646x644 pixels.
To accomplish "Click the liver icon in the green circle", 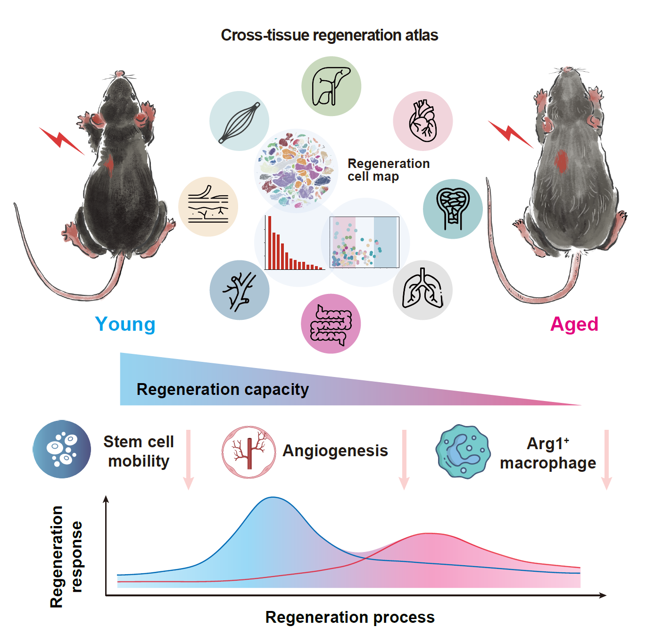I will point(331,86).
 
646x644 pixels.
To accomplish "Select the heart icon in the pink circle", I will point(422,121).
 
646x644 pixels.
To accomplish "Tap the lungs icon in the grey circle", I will point(422,290).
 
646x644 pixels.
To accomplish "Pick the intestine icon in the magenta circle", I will point(331,324).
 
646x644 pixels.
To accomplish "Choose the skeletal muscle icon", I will point(240,121).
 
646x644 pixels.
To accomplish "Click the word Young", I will point(125,325).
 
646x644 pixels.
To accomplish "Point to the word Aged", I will point(574,325).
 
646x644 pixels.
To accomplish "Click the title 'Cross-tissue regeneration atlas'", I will point(330,35).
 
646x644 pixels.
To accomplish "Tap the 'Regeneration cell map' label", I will point(388,170).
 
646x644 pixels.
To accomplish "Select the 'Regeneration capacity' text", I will point(223,390).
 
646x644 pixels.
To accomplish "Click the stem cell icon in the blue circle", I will point(62,449).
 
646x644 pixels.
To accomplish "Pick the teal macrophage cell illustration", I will point(463,452).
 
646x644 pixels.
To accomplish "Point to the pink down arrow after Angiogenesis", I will point(404,460).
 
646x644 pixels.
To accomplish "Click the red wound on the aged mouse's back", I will point(561,161).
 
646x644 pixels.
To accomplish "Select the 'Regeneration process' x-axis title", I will point(350,617).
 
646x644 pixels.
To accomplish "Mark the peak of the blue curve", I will point(273,497).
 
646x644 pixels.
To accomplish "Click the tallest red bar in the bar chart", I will point(270,243).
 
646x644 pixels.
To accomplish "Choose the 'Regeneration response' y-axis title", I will point(66,557).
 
